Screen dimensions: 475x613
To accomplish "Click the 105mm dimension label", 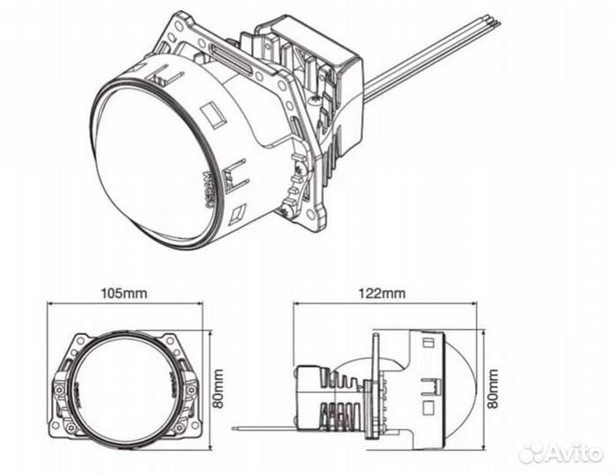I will pyautogui.click(x=123, y=294).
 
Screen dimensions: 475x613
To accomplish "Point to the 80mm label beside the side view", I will pyautogui.click(x=492, y=384).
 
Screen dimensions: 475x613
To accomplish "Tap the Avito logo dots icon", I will pyautogui.click(x=532, y=453).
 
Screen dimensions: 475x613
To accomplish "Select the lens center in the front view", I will pyautogui.click(x=125, y=384).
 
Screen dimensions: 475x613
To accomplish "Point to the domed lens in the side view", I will pyautogui.click(x=461, y=384).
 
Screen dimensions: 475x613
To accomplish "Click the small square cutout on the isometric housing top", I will pyautogui.click(x=212, y=115).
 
